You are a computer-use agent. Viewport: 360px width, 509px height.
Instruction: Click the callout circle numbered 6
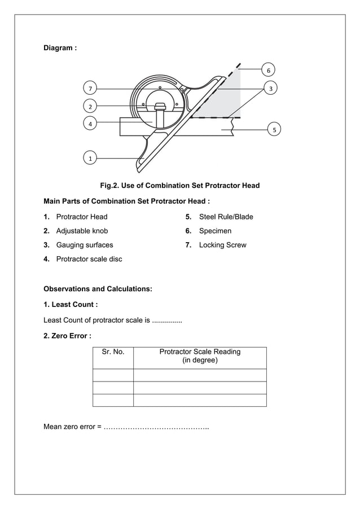(x=268, y=71)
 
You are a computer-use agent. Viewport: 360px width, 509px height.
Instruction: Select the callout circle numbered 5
(x=274, y=130)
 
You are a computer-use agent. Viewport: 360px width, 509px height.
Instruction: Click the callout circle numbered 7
(x=89, y=89)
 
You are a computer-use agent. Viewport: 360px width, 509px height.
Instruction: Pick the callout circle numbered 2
(x=89, y=106)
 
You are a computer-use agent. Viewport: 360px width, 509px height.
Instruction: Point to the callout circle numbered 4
(x=89, y=123)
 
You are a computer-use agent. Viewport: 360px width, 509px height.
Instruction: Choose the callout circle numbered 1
(x=89, y=159)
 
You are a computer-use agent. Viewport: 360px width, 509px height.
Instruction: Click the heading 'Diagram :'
(x=60, y=48)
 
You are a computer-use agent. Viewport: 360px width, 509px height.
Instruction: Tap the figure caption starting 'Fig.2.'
(x=179, y=186)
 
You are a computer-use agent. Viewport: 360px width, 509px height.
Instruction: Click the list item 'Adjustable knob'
(x=82, y=231)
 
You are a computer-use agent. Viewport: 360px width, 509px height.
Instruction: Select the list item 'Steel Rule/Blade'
(x=226, y=217)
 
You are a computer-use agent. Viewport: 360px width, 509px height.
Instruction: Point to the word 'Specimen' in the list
(x=215, y=231)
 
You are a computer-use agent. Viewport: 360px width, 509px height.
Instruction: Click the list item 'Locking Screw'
(x=222, y=245)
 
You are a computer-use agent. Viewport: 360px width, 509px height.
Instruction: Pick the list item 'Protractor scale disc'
(x=89, y=259)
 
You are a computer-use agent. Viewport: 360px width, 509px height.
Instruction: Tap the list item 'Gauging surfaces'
(x=84, y=245)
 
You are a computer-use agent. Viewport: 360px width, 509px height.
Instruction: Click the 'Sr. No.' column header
(x=113, y=352)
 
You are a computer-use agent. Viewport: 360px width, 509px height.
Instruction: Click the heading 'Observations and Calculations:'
(x=98, y=289)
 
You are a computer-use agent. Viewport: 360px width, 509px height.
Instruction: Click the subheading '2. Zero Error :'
(x=67, y=336)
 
